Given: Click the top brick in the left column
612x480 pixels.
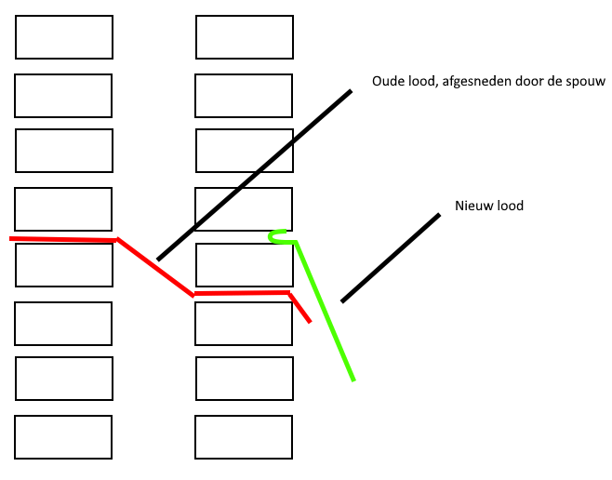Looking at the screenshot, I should click(64, 37).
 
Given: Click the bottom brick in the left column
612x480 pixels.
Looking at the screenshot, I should click(63, 437).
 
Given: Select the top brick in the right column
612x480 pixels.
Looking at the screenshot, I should click(245, 37).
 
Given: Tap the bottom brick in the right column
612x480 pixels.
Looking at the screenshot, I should click(244, 437).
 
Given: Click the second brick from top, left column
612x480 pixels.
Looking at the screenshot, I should click(63, 96).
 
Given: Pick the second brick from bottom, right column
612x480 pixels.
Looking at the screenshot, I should click(245, 379).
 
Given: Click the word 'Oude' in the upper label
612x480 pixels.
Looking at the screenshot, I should click(388, 82).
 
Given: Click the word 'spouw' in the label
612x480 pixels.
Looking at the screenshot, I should click(586, 82).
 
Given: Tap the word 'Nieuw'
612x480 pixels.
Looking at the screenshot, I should click(473, 206).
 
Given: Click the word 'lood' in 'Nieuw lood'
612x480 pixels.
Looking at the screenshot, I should click(510, 206).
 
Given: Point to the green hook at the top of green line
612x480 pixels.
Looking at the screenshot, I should click(276, 236).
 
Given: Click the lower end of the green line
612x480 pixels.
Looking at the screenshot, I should click(353, 380).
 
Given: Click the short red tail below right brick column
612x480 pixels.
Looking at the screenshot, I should click(300, 309).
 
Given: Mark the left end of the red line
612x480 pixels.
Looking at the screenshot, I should click(12, 239).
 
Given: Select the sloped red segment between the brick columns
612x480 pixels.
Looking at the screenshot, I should click(154, 267).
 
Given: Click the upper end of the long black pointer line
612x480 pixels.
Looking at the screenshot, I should click(351, 91).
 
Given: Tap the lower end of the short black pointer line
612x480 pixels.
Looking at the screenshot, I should click(342, 300).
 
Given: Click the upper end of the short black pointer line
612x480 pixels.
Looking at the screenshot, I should click(438, 215).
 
